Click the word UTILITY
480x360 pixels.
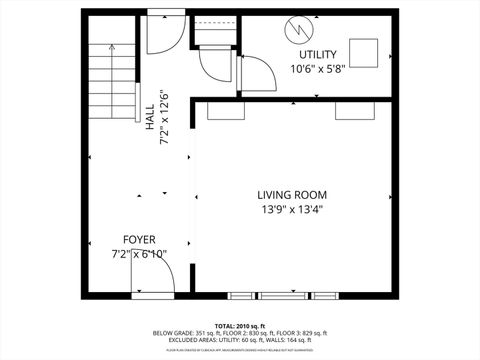click(318, 55)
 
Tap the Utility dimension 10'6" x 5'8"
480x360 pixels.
click(318, 69)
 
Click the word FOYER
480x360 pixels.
click(139, 239)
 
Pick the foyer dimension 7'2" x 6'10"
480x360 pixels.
click(139, 254)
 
